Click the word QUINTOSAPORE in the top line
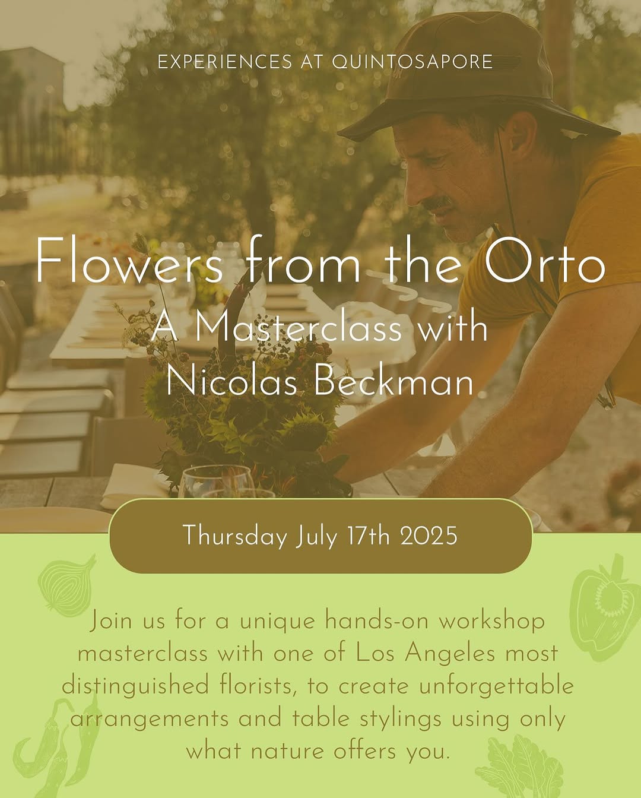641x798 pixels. click(x=412, y=62)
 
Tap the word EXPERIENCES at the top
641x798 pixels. click(x=225, y=62)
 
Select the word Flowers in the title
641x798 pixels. click(x=129, y=260)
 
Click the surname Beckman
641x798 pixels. click(x=394, y=380)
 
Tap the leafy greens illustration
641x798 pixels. click(x=519, y=768)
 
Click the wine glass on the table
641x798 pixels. click(x=217, y=482)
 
